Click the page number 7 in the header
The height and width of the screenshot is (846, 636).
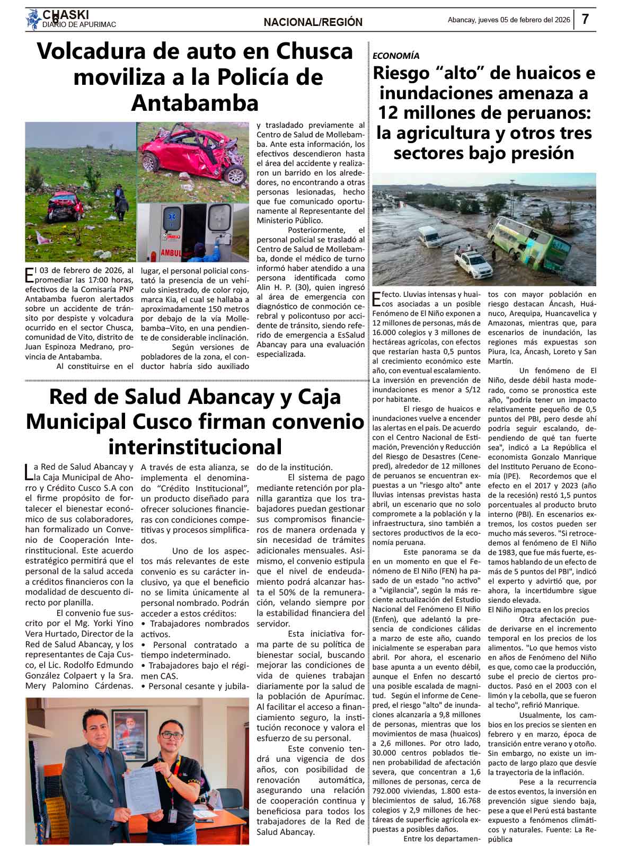[x=585, y=20]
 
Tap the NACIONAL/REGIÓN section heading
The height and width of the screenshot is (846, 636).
[x=313, y=22]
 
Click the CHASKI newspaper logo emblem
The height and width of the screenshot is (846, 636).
[x=33, y=20]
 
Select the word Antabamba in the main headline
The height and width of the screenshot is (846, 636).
[x=195, y=103]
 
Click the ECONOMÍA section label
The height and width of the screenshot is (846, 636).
[x=396, y=56]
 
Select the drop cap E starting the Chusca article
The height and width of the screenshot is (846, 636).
[x=29, y=275]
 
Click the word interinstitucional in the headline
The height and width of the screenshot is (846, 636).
[x=195, y=446]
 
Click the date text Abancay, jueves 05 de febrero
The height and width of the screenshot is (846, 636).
[x=508, y=20]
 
